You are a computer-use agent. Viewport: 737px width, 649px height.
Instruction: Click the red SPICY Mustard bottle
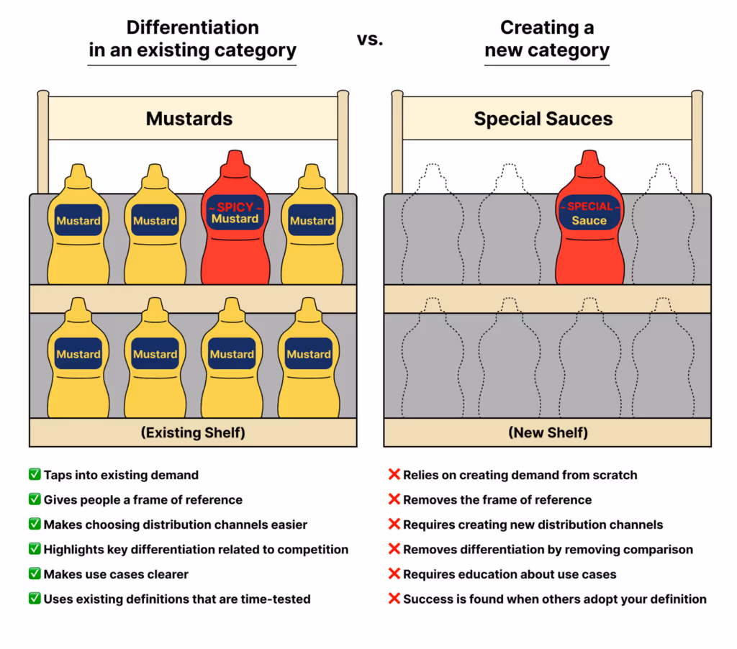235,230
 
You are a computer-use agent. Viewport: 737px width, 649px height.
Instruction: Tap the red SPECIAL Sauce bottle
589,230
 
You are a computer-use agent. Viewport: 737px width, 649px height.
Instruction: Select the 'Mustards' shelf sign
189,119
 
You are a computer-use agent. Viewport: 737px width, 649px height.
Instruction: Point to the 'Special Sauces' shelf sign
543,119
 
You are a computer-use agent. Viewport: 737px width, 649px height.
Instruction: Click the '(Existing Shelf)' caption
193,432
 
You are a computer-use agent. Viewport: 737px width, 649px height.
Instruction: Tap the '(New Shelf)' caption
548,432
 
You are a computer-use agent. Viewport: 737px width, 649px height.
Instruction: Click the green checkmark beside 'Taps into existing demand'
34,475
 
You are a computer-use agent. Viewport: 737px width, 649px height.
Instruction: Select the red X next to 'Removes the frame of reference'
394,499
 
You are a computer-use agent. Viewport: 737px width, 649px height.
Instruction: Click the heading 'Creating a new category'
546,39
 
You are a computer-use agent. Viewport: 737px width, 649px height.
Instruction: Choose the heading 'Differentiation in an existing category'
192,39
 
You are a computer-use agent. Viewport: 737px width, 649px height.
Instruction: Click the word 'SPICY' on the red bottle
235,207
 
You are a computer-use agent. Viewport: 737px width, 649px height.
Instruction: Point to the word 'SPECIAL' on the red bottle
589,206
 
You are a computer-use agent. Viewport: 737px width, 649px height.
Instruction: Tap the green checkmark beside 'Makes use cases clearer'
34,574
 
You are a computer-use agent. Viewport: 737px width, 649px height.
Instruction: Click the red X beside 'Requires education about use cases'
394,574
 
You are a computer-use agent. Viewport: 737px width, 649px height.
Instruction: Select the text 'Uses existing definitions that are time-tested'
177,599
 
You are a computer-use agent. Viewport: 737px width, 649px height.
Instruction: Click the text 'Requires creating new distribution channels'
533,525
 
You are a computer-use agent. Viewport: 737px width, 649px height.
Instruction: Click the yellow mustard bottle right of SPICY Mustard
312,227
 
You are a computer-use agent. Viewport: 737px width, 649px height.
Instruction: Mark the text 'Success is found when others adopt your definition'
554,599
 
